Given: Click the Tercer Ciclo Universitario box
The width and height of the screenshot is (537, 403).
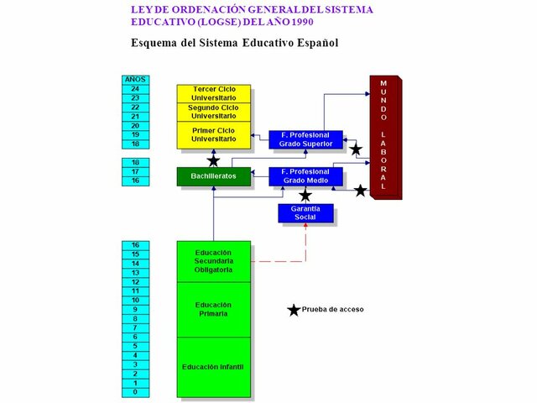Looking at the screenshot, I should [x=214, y=92].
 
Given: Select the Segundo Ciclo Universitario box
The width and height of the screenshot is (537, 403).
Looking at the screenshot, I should [x=214, y=112].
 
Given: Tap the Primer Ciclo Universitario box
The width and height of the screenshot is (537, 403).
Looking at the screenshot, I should [x=214, y=134].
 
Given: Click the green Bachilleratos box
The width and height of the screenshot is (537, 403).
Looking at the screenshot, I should [x=213, y=176].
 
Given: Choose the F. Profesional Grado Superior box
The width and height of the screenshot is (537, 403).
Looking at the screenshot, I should [x=305, y=139].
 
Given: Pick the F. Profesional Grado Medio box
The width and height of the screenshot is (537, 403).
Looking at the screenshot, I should [x=305, y=176].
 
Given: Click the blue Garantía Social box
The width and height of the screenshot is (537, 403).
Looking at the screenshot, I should [x=305, y=213].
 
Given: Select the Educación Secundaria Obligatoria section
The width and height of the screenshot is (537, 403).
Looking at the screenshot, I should [x=213, y=261].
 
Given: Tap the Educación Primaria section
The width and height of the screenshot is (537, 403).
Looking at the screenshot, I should [x=213, y=309].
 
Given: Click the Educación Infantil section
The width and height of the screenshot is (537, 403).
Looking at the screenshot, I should [x=213, y=367].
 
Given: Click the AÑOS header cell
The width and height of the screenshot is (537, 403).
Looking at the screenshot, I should [x=135, y=80].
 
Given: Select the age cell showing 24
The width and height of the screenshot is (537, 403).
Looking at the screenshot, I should [x=135, y=89].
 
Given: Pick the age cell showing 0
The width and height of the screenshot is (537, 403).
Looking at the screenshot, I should [x=135, y=392].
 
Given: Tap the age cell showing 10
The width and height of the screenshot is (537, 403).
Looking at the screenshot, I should [x=135, y=300].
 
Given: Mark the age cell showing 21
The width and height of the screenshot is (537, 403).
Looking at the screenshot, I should [x=135, y=117].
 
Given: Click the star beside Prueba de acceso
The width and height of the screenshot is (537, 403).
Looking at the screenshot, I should [x=294, y=310].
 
